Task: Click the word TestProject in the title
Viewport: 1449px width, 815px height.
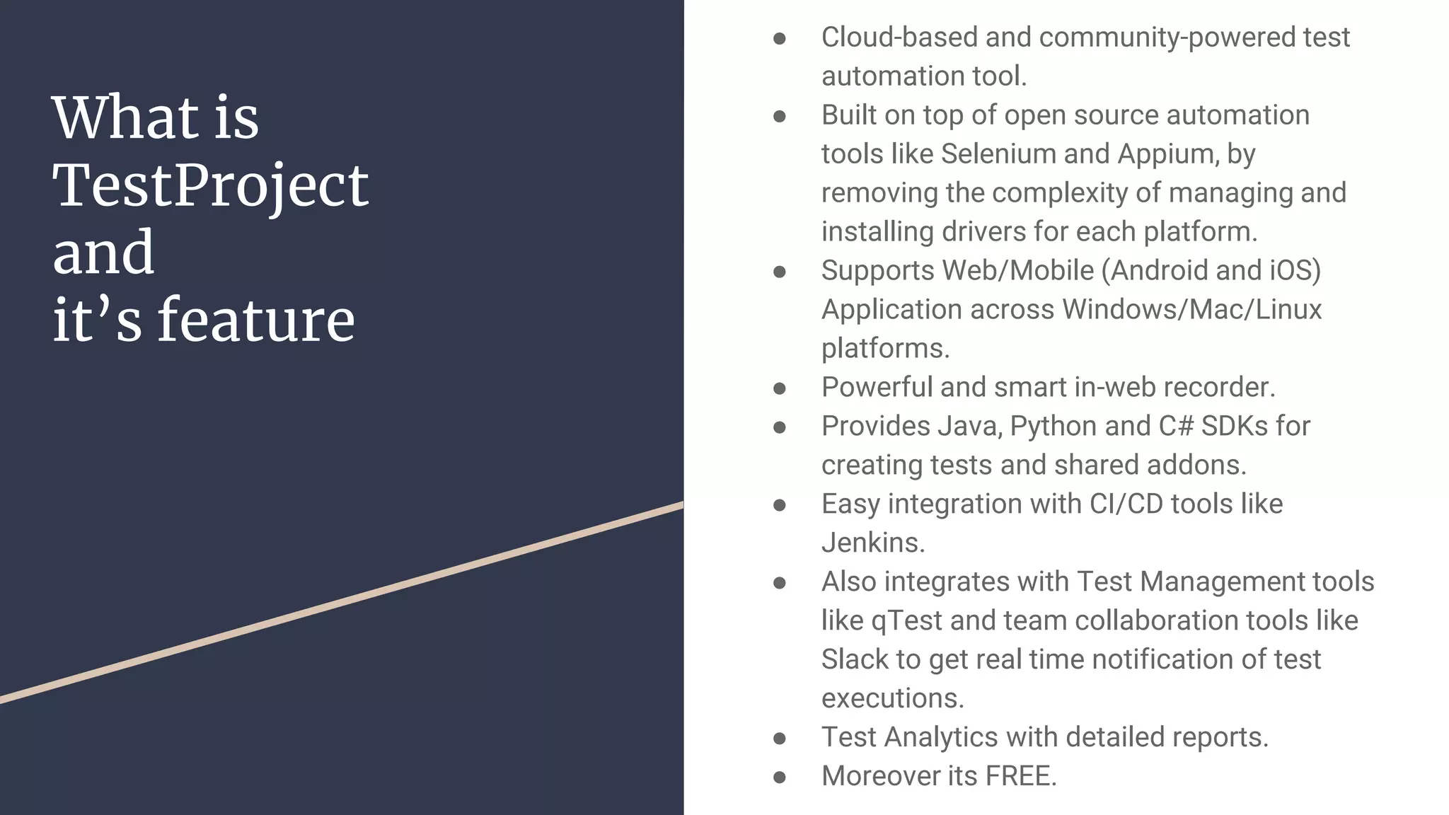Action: pos(210,185)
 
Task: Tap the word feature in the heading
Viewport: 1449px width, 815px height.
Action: pos(255,320)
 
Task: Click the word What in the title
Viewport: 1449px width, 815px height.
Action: pos(125,117)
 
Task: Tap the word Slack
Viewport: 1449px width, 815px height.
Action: pos(854,659)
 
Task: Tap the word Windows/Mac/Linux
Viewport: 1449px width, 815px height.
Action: pos(1191,309)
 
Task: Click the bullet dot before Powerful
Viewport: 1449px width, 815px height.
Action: pos(780,388)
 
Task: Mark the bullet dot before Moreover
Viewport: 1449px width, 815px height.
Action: pos(780,777)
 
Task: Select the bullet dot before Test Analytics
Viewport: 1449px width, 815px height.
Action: pos(780,738)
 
